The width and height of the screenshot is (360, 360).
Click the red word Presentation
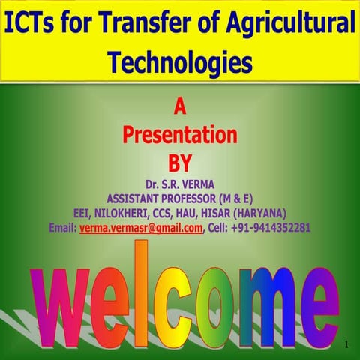click(x=180, y=136)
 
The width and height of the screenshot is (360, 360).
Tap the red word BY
click(x=180, y=161)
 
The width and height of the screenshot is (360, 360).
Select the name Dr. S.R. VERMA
click(x=180, y=184)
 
